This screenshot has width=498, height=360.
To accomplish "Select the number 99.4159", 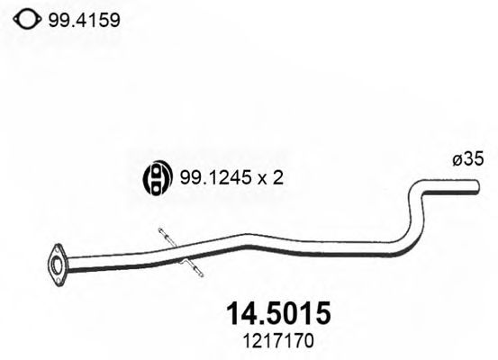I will tap(86, 18).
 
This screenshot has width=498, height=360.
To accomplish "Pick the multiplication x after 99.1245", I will tap(262, 179).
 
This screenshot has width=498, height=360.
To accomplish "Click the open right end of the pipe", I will tap(476, 186).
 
